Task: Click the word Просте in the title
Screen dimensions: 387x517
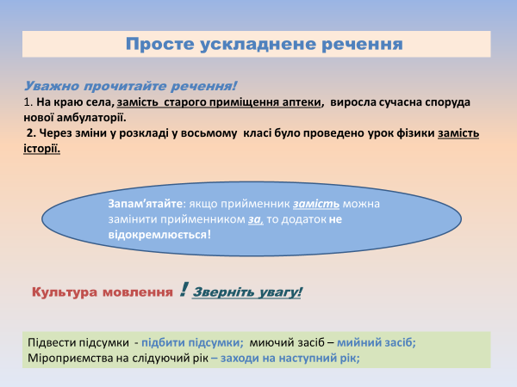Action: (x=155, y=44)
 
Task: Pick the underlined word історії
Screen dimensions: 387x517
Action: (x=42, y=148)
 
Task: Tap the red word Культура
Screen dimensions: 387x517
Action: (x=66, y=292)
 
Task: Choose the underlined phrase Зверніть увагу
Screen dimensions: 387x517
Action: (x=248, y=292)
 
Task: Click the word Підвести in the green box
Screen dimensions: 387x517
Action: (x=53, y=342)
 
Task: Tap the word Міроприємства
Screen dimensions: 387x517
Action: (x=75, y=357)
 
